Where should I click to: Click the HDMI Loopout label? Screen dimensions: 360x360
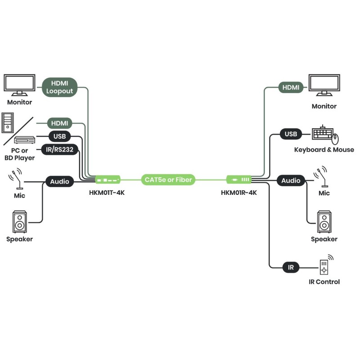60,87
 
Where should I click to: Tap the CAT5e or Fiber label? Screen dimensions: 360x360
168,180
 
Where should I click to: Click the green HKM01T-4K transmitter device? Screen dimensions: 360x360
108,180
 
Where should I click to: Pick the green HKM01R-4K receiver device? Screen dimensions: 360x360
238,180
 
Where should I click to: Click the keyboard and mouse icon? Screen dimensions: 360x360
325,134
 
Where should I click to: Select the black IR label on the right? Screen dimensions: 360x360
291,267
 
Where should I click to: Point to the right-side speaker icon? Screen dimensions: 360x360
324,221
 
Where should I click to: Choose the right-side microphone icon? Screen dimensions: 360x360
322,177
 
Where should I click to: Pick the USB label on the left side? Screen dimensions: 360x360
59,136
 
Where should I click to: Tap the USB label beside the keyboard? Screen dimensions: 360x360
291,134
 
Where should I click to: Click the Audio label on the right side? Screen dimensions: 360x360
291,180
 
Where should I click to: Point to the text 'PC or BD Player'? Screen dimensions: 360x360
19,154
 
